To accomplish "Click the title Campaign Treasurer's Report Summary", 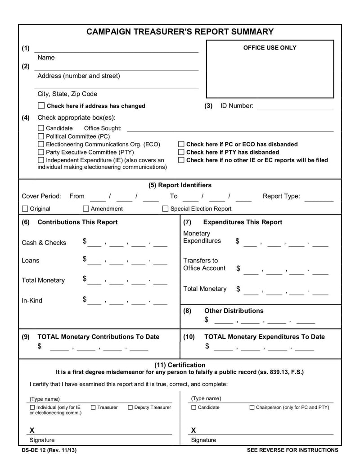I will click(180, 32).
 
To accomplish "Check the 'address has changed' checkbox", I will click(41, 106).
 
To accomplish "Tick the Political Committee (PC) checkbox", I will click(41, 136).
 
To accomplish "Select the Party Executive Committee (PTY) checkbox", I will click(41, 152).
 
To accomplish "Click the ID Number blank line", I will click(295, 107).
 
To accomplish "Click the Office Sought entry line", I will click(230, 129).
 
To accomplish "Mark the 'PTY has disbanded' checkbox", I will click(181, 152).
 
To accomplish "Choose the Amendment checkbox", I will click(86, 208).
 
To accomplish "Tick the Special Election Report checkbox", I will click(165, 208).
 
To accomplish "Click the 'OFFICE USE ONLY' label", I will click(270, 48).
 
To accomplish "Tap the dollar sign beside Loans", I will click(85, 259).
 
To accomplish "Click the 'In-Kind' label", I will click(32, 301).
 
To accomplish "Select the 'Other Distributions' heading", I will click(234, 311).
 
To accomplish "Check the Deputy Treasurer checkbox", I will click(130, 407).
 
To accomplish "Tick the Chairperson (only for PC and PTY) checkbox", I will click(252, 407).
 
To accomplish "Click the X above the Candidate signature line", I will click(193, 430).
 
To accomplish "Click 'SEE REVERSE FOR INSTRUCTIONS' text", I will click(292, 450).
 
